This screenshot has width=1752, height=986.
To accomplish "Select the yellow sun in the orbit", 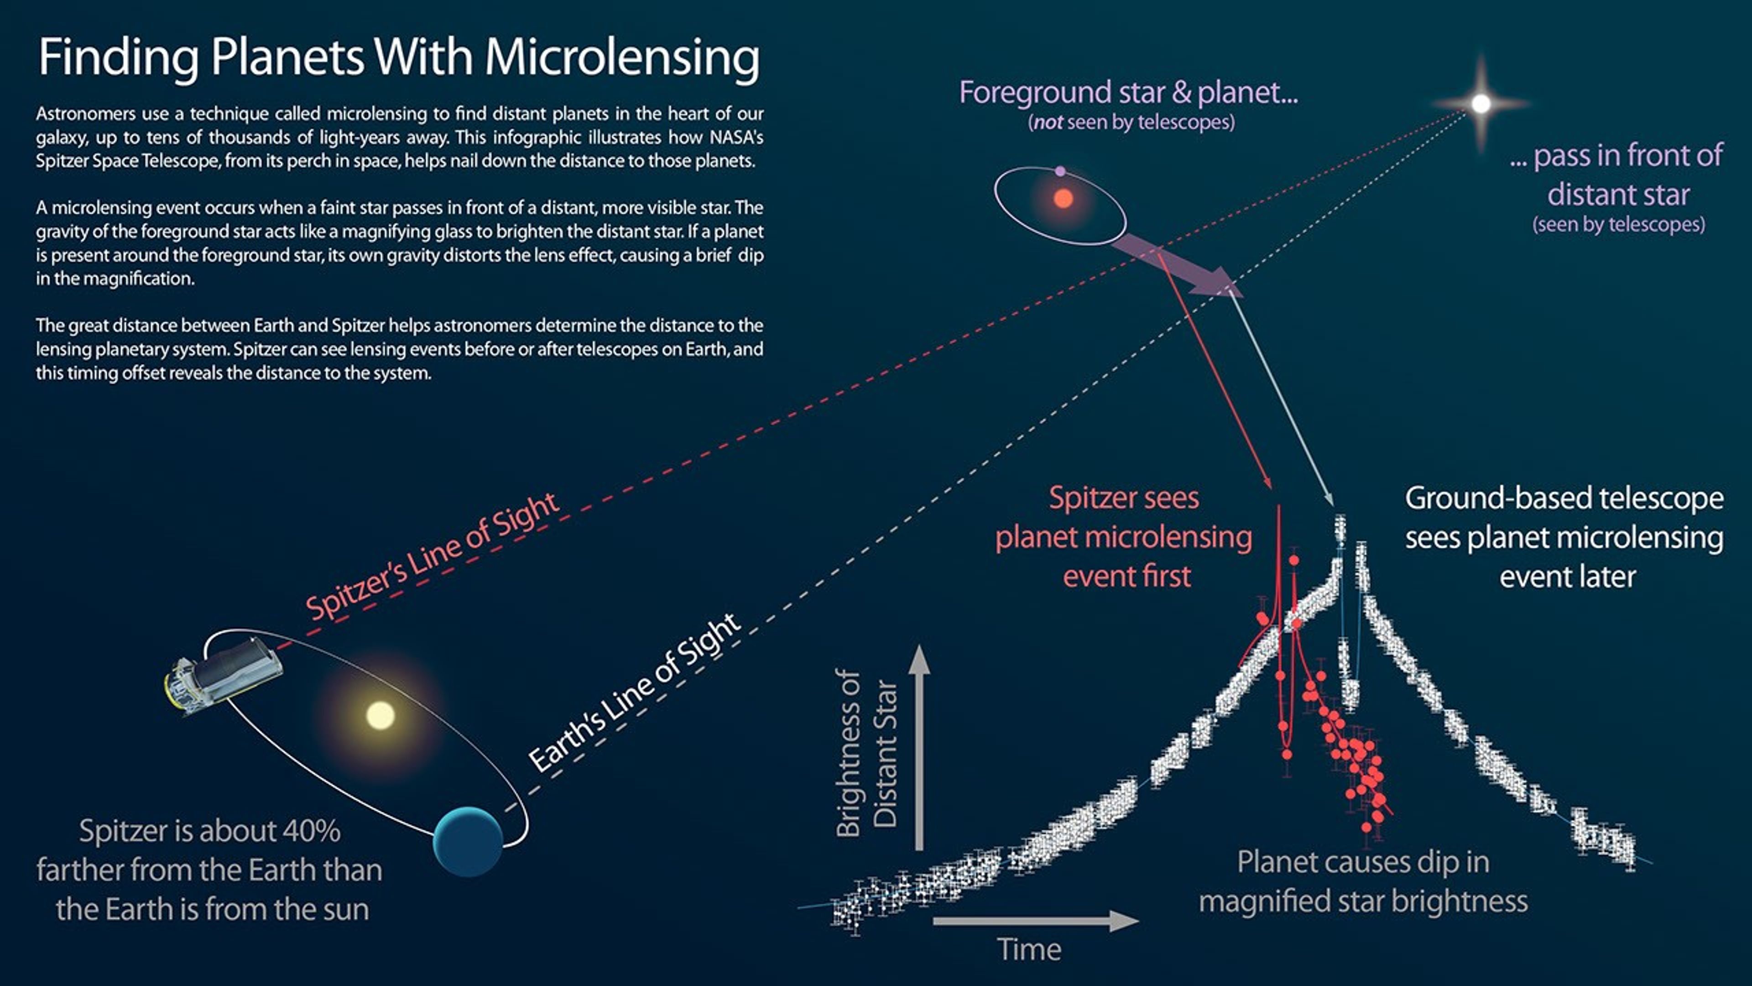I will pyautogui.click(x=380, y=715).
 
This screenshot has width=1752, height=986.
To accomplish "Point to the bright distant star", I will pyautogui.click(x=1481, y=104).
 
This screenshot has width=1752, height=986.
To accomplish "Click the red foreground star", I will pyautogui.click(x=1063, y=199).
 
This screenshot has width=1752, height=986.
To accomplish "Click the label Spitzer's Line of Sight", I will pyautogui.click(x=433, y=556).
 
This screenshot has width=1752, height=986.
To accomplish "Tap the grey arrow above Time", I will pyautogui.click(x=1034, y=921).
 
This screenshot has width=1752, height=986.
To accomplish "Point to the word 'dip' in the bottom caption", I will pyautogui.click(x=1465, y=863).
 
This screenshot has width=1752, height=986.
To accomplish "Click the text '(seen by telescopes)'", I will pyautogui.click(x=1619, y=225).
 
